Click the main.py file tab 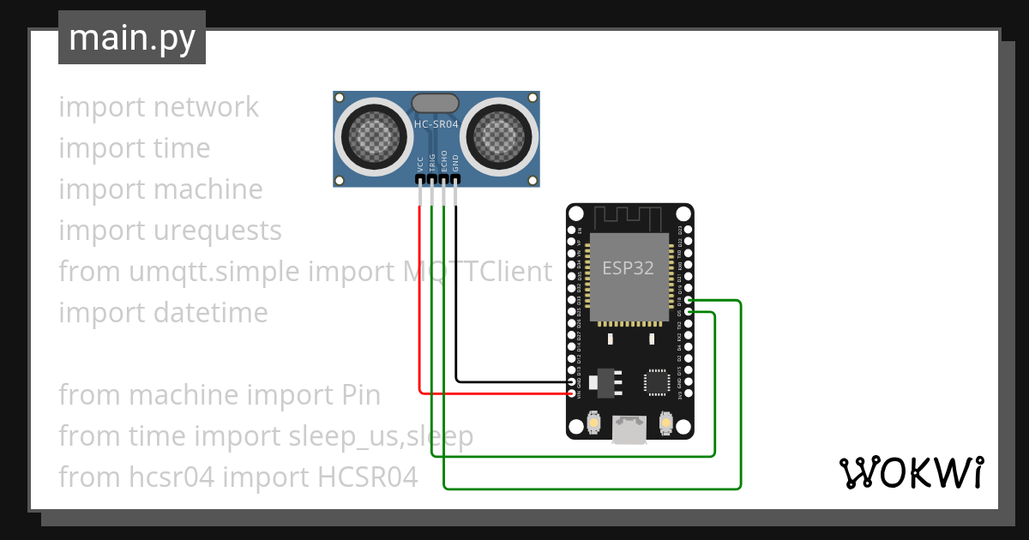click(x=131, y=38)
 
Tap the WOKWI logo click(x=910, y=472)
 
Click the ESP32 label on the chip click(x=628, y=268)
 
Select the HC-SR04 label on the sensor click(x=436, y=124)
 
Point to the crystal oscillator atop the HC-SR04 click(x=436, y=104)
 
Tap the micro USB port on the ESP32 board click(x=629, y=429)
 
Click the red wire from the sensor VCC click(x=419, y=300)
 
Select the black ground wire click(x=455, y=300)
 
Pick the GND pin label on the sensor click(x=455, y=163)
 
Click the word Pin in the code click(x=355, y=395)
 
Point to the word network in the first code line click(x=206, y=107)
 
